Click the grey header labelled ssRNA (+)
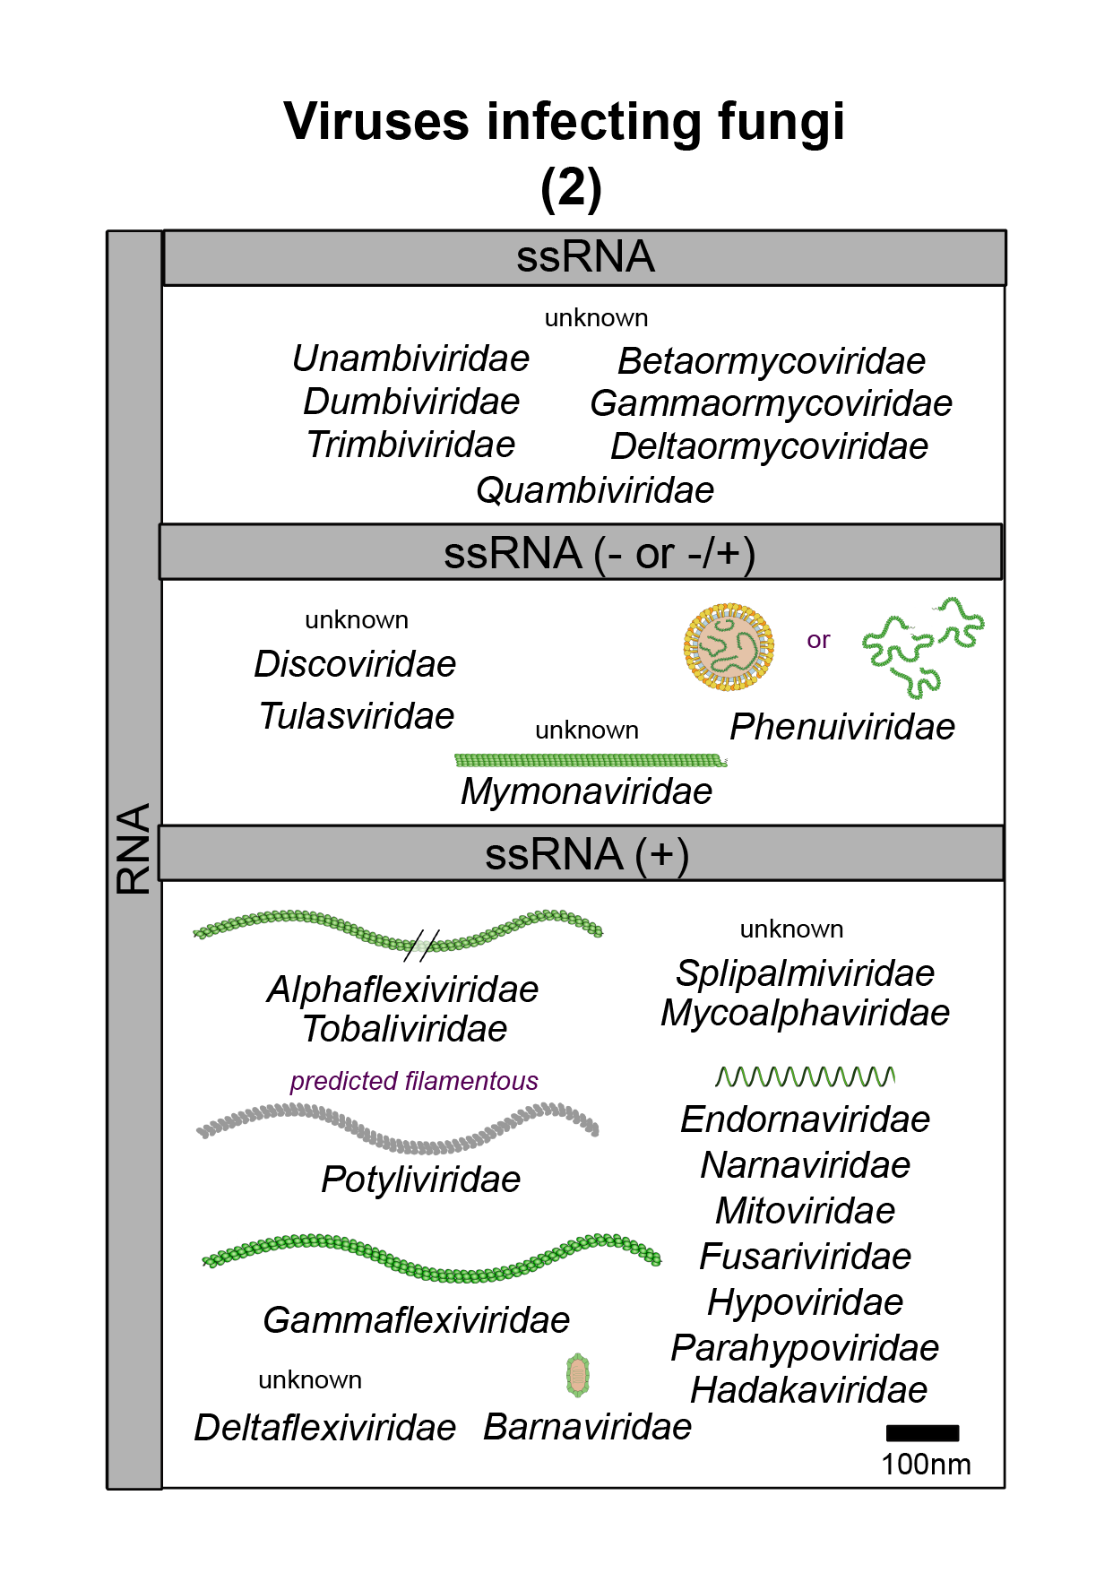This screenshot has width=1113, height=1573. [x=581, y=853]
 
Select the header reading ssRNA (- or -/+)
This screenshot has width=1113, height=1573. [x=581, y=552]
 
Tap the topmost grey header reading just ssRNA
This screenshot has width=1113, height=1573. [x=584, y=257]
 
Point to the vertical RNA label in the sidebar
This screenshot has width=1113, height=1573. [x=134, y=848]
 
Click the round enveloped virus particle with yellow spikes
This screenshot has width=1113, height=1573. [x=729, y=647]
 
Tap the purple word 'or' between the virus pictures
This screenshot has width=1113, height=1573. [x=818, y=640]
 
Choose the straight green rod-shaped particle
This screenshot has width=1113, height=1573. [x=591, y=761]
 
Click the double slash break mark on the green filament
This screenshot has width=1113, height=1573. [x=421, y=946]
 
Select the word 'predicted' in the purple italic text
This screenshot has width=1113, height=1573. [x=343, y=1080]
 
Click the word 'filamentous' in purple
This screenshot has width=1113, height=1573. [x=471, y=1080]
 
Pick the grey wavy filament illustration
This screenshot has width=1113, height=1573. [x=399, y=1128]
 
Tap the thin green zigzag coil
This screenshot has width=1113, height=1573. [x=805, y=1076]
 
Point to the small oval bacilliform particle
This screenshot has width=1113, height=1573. [x=578, y=1375]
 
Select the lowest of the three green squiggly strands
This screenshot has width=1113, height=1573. [x=915, y=682]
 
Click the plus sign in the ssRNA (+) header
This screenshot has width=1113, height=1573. [x=662, y=853]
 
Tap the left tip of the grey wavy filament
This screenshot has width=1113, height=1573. [x=201, y=1131]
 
